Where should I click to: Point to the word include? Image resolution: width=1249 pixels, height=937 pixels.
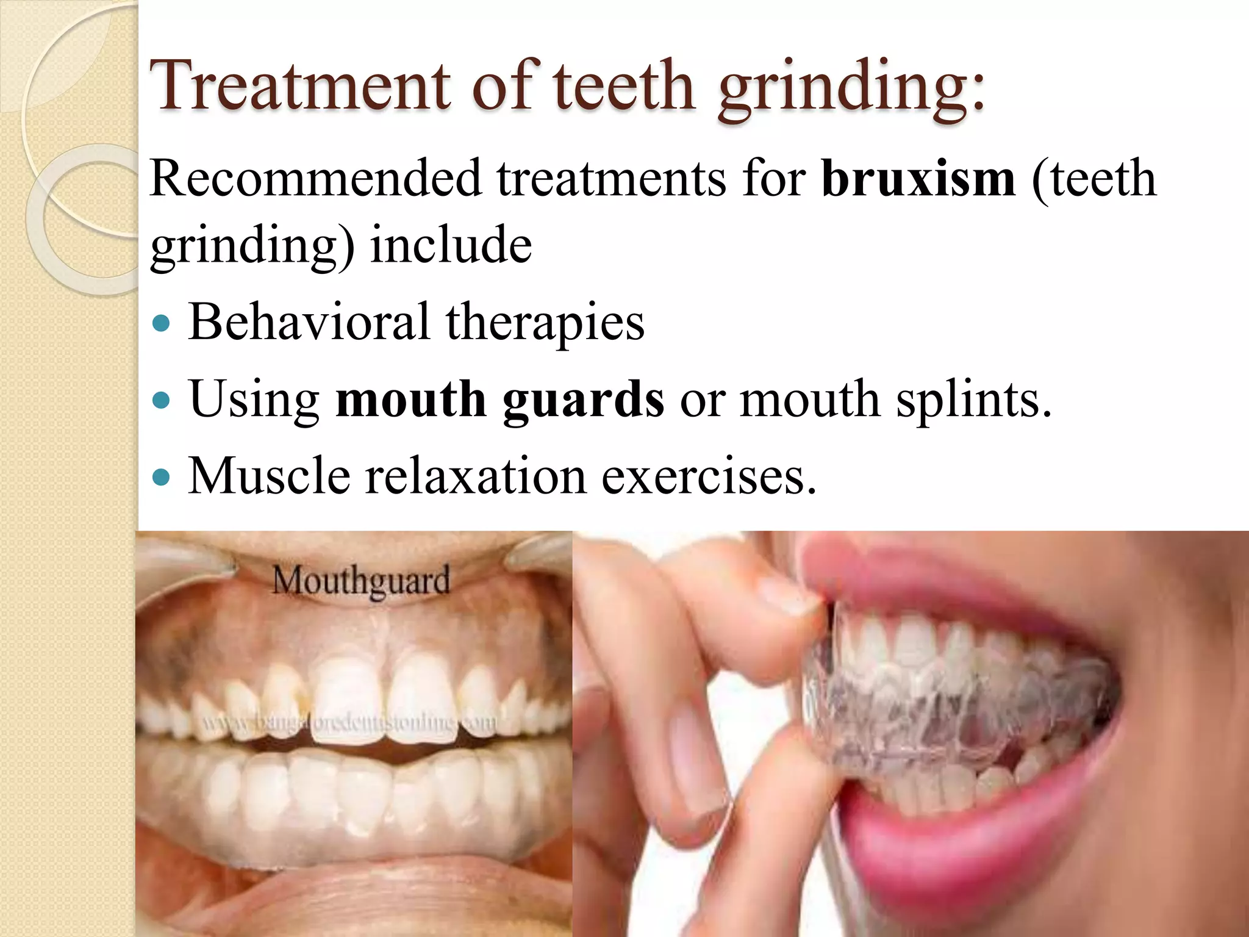tap(451, 245)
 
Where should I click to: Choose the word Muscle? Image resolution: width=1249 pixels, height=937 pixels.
tap(269, 476)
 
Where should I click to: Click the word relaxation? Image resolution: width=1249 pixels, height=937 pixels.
tap(476, 476)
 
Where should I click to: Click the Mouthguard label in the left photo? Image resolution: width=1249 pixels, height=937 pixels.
tap(361, 581)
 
